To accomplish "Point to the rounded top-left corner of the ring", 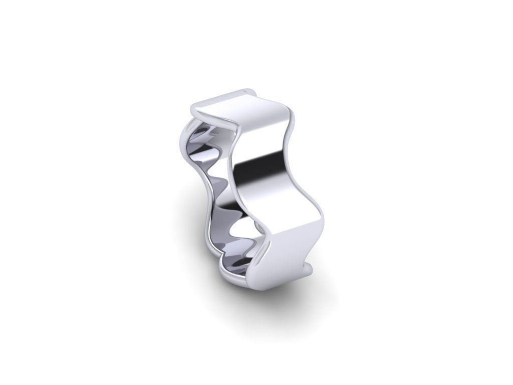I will (197, 106).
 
